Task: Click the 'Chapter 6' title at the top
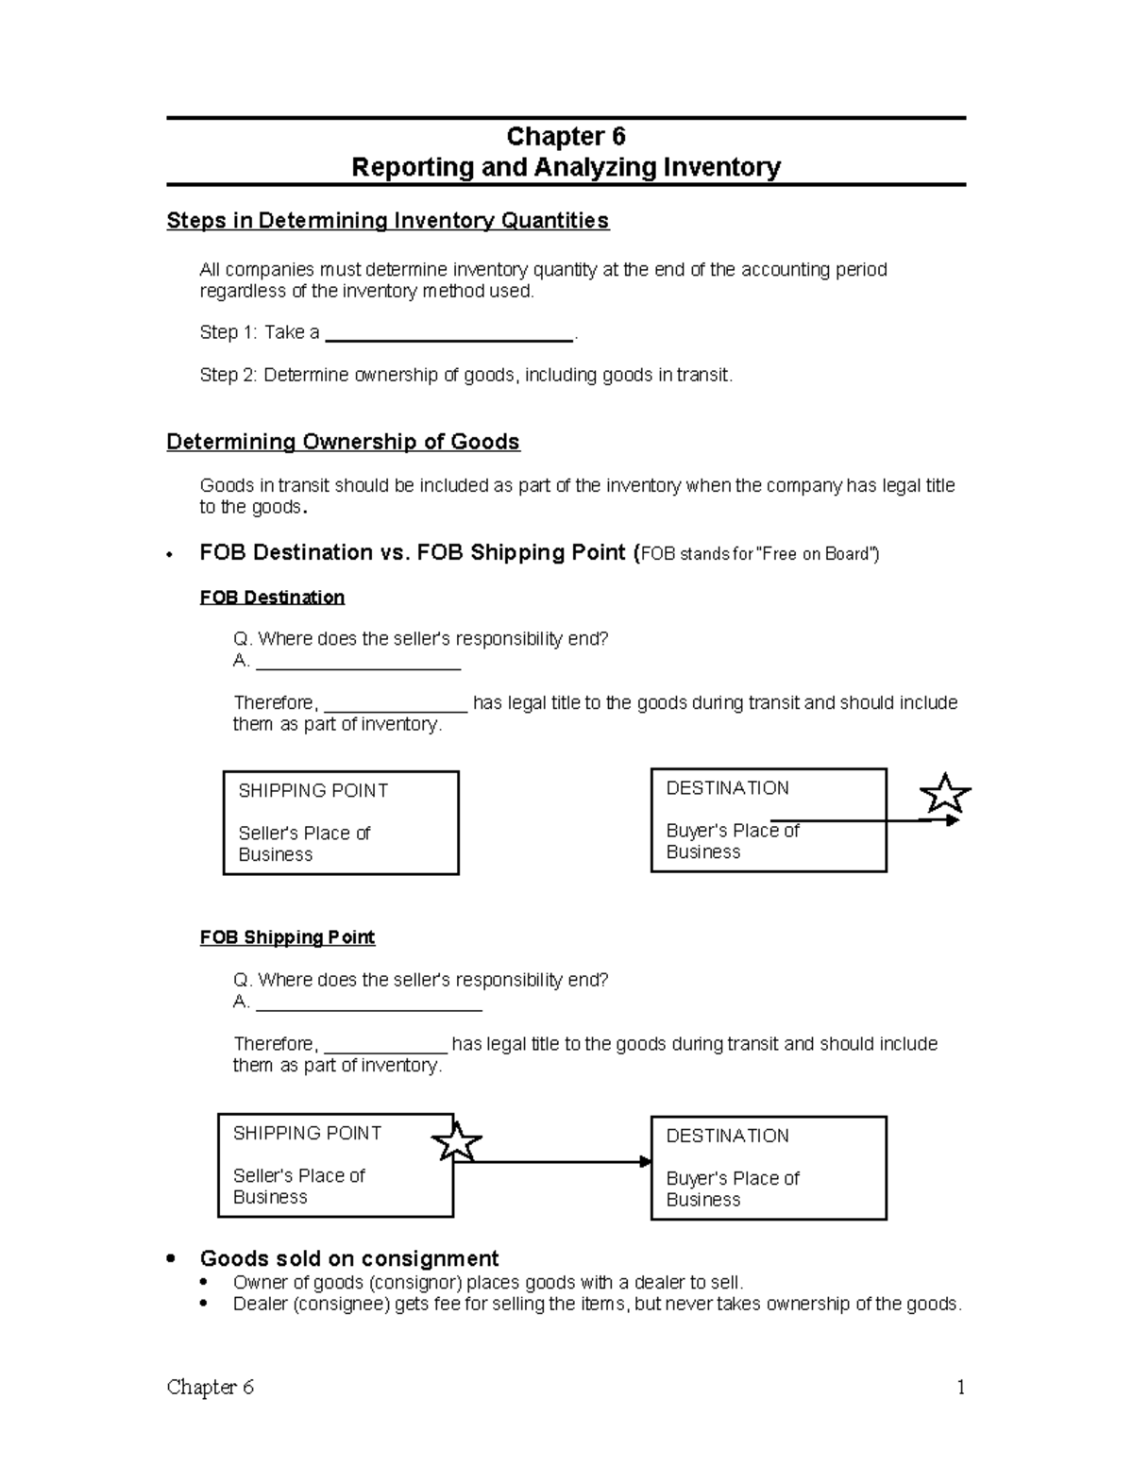click(566, 137)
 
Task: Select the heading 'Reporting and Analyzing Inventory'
click(566, 168)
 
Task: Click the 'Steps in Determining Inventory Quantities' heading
click(387, 221)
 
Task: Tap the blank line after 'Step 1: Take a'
click(448, 334)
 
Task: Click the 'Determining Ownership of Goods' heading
click(343, 443)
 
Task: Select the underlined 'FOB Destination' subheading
click(272, 598)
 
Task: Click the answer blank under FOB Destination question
click(358, 664)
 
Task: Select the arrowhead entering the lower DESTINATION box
click(646, 1161)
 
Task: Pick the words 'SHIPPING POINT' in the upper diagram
click(313, 791)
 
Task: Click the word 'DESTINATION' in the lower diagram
click(727, 1137)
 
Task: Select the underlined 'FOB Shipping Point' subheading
click(287, 937)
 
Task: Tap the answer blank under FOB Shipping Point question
click(368, 1004)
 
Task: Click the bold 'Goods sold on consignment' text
click(349, 1259)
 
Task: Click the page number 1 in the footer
click(960, 1388)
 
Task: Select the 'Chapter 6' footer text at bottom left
click(211, 1388)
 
